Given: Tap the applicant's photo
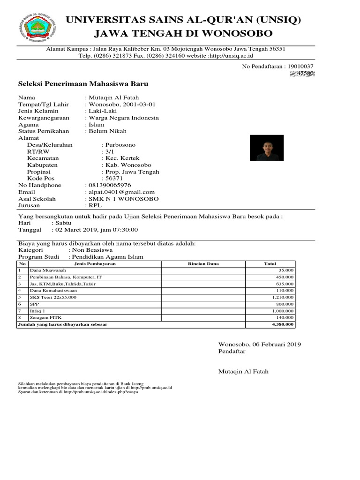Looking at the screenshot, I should pos(267,148).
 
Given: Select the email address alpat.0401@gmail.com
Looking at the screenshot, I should pos(121,192).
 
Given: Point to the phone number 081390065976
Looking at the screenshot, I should pos(107,185).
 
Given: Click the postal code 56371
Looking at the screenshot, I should pos(114,179).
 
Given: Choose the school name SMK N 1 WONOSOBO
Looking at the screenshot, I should pos(123,199).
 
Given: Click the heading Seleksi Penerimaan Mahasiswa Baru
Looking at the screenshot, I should pos(83,84).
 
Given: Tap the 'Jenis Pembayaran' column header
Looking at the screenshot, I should pos(95,264).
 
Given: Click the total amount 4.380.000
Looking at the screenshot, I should pos(283,324).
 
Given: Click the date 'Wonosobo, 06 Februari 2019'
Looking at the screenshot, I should pos(259,344).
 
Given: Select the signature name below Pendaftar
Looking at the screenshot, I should pos(244,372).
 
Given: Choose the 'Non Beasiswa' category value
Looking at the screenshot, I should pos(90,250).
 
